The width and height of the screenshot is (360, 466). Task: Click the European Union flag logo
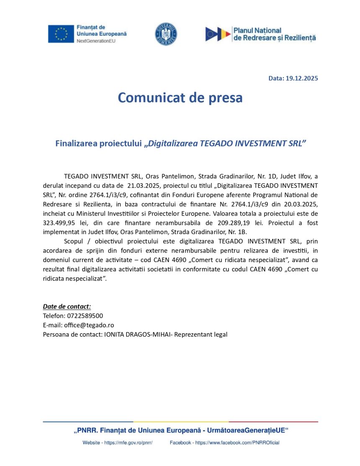[x=61, y=34]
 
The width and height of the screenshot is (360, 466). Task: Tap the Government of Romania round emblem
[x=166, y=34]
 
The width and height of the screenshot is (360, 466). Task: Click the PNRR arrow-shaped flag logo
[x=218, y=34]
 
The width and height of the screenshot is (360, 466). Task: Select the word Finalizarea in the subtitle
[x=76, y=144]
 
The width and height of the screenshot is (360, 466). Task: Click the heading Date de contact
[x=67, y=306]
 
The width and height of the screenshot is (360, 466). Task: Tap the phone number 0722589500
[x=82, y=316]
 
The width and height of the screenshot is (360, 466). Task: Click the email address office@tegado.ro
[x=88, y=325]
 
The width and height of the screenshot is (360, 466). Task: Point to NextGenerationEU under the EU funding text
[x=96, y=41]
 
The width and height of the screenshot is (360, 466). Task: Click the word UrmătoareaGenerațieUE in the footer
[x=247, y=430]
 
